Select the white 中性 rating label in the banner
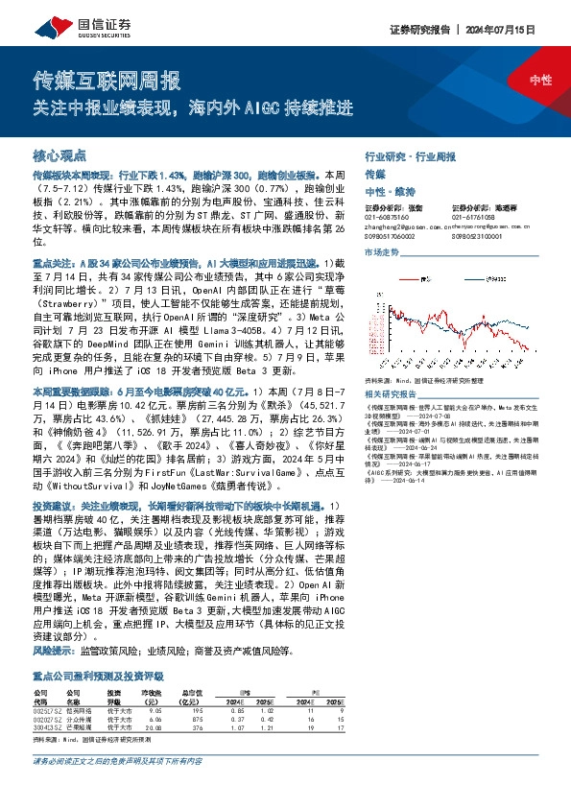pos(539,82)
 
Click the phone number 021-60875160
pos(386,216)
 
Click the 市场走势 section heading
pos(382,251)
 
